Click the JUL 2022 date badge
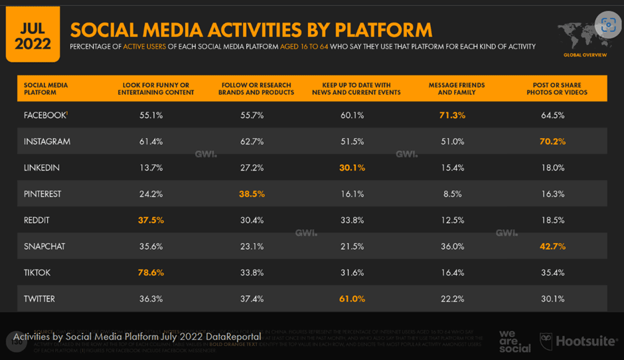[33, 35]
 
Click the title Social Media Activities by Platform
[251, 30]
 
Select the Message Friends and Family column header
[456, 89]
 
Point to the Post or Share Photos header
[556, 89]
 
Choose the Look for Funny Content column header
[156, 89]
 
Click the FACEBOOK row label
[45, 116]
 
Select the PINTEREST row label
[42, 194]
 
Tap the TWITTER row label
[39, 299]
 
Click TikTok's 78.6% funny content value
[151, 273]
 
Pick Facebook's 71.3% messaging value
[452, 116]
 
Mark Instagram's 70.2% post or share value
[552, 141]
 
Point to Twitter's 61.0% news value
[352, 299]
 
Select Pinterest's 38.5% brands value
[252, 194]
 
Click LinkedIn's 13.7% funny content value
[151, 168]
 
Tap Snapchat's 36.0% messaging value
[452, 246]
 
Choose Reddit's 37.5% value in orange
[151, 221]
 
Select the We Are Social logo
[514, 341]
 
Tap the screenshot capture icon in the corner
[608, 25]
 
